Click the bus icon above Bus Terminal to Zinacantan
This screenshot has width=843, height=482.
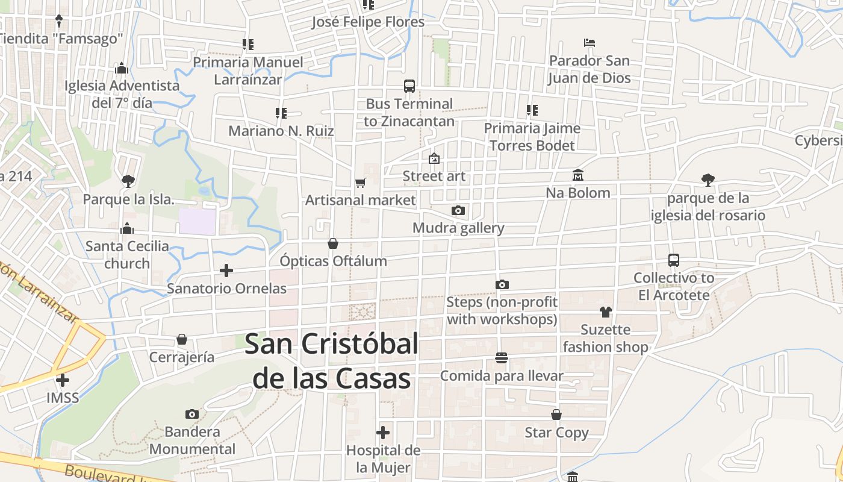409,86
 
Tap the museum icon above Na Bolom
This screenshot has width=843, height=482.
578,175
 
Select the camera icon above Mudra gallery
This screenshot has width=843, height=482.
458,210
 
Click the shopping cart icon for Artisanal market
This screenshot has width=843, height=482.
360,183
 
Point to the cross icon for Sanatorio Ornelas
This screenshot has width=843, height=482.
226,271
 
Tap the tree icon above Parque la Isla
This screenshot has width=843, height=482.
128,181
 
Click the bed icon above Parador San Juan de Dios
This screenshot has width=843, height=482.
589,43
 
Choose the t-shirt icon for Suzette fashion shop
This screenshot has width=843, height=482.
605,311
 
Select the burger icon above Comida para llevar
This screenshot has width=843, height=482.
502,358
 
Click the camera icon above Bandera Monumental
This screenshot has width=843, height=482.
192,414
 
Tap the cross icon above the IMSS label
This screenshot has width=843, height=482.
63,380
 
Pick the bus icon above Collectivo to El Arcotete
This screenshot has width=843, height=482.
674,260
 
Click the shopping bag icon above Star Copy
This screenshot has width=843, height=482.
556,415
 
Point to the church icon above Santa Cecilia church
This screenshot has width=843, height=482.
126,228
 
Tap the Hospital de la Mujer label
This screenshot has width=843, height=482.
383,459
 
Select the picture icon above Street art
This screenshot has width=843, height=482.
434,158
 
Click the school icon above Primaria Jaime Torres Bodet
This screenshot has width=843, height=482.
532,110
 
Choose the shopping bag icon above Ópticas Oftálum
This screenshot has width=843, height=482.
333,243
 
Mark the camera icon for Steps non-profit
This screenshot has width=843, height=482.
502,284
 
